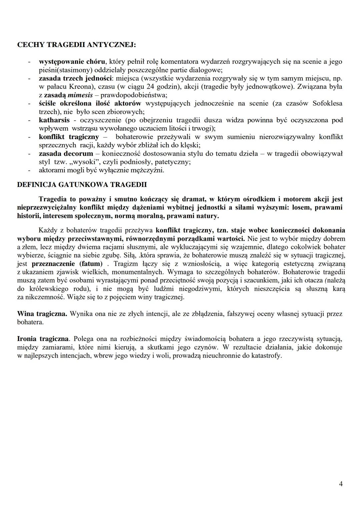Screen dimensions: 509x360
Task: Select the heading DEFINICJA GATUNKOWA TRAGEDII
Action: point(82,185)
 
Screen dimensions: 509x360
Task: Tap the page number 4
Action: point(341,484)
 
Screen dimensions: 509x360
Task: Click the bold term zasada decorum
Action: point(66,154)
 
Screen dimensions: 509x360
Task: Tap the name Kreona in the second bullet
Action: point(73,87)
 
